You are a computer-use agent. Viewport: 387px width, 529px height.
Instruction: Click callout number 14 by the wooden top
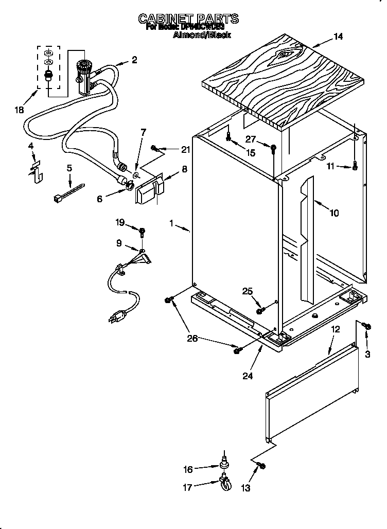[x=338, y=37]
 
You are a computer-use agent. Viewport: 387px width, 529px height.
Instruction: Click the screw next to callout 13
[x=261, y=466]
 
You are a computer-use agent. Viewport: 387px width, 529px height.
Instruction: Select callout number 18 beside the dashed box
[x=20, y=110]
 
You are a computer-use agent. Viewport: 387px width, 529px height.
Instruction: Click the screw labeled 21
[x=154, y=149]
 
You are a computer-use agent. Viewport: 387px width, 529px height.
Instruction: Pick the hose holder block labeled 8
[x=148, y=189]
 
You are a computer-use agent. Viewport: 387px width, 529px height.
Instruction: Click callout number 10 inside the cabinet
[x=334, y=212]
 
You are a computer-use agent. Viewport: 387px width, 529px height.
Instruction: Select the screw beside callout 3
[x=366, y=326]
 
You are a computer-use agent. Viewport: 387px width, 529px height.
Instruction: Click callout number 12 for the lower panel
[x=335, y=328]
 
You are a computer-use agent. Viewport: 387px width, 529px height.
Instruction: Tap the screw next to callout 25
[x=260, y=310]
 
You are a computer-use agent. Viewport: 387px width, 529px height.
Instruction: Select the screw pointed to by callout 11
[x=355, y=166]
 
